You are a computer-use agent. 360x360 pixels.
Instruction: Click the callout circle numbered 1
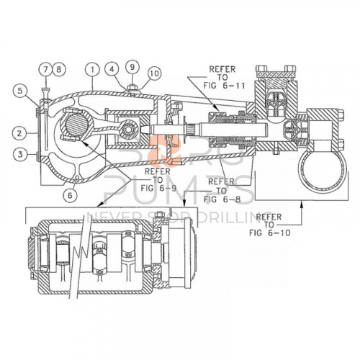tap(94, 69)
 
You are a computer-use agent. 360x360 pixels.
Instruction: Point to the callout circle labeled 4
tap(112, 69)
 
